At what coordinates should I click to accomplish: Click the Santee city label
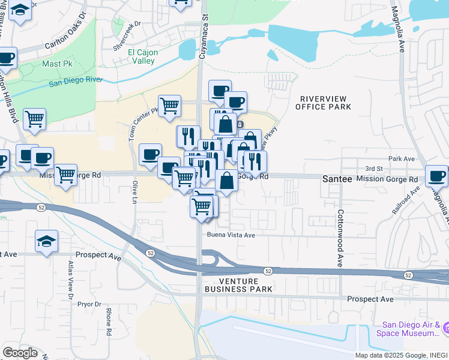click(x=338, y=179)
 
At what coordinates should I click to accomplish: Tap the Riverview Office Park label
click(x=323, y=103)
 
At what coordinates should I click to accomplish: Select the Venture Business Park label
click(x=238, y=285)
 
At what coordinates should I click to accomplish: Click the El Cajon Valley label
click(x=143, y=56)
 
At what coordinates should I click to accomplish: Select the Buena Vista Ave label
click(x=232, y=235)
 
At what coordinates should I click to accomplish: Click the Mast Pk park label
click(x=54, y=63)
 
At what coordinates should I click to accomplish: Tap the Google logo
click(x=20, y=353)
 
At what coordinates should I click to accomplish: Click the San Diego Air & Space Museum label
click(x=408, y=329)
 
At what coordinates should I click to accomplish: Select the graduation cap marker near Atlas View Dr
click(x=46, y=241)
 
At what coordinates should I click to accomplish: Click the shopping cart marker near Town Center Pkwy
click(x=170, y=106)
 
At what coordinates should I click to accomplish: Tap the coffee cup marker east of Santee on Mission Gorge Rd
click(x=436, y=175)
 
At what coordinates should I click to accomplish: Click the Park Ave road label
click(x=402, y=159)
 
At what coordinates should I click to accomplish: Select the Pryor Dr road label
click(x=89, y=304)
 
